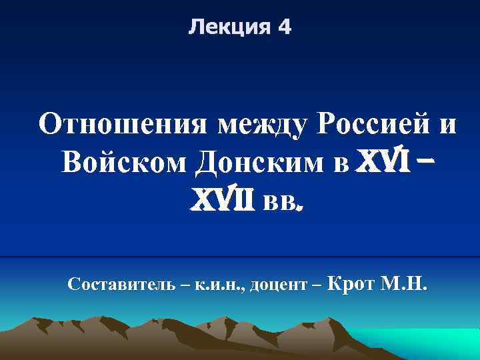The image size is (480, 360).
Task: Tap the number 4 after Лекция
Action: point(284,28)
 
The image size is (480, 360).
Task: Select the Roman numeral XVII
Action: point(224,197)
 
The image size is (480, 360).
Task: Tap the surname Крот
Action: point(353,285)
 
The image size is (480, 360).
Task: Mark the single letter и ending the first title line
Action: point(447,125)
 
